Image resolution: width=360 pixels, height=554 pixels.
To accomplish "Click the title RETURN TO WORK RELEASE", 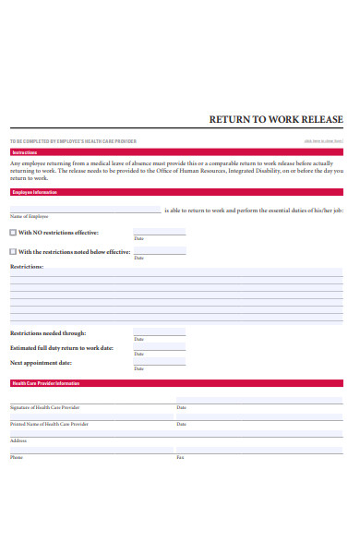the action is pyautogui.click(x=276, y=119).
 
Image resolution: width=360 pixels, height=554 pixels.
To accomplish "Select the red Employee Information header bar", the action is pyautogui.click(x=175, y=192).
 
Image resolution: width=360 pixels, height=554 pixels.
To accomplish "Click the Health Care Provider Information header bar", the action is pyautogui.click(x=175, y=383).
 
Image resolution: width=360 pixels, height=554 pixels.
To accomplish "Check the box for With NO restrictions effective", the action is pyautogui.click(x=13, y=233).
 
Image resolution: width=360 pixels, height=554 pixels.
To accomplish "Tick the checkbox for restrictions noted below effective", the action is pyautogui.click(x=13, y=251).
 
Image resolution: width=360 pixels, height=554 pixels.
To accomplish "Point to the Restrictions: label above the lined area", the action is pyautogui.click(x=27, y=267).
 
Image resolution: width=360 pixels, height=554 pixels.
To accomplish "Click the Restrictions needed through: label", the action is pyautogui.click(x=48, y=333).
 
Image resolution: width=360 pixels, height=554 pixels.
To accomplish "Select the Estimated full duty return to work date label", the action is pyautogui.click(x=62, y=348).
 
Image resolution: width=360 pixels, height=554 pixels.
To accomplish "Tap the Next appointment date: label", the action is pyautogui.click(x=41, y=363).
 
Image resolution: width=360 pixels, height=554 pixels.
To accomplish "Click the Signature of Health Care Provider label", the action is pyautogui.click(x=44, y=407).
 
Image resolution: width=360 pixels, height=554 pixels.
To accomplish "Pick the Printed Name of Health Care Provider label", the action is pyautogui.click(x=49, y=424).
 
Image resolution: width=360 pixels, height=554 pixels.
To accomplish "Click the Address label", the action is pyautogui.click(x=18, y=440).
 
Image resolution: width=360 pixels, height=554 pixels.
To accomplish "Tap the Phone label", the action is pyautogui.click(x=17, y=457).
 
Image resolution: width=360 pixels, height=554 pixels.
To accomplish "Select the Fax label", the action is pyautogui.click(x=180, y=457).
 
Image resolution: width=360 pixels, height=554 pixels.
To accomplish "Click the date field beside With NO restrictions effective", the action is pyautogui.click(x=159, y=232).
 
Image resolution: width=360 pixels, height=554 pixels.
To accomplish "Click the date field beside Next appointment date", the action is pyautogui.click(x=159, y=362).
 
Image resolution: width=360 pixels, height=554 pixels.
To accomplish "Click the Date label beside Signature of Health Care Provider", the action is pyautogui.click(x=181, y=407).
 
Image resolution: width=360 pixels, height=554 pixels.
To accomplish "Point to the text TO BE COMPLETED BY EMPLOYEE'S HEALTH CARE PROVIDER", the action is pyautogui.click(x=73, y=141).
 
